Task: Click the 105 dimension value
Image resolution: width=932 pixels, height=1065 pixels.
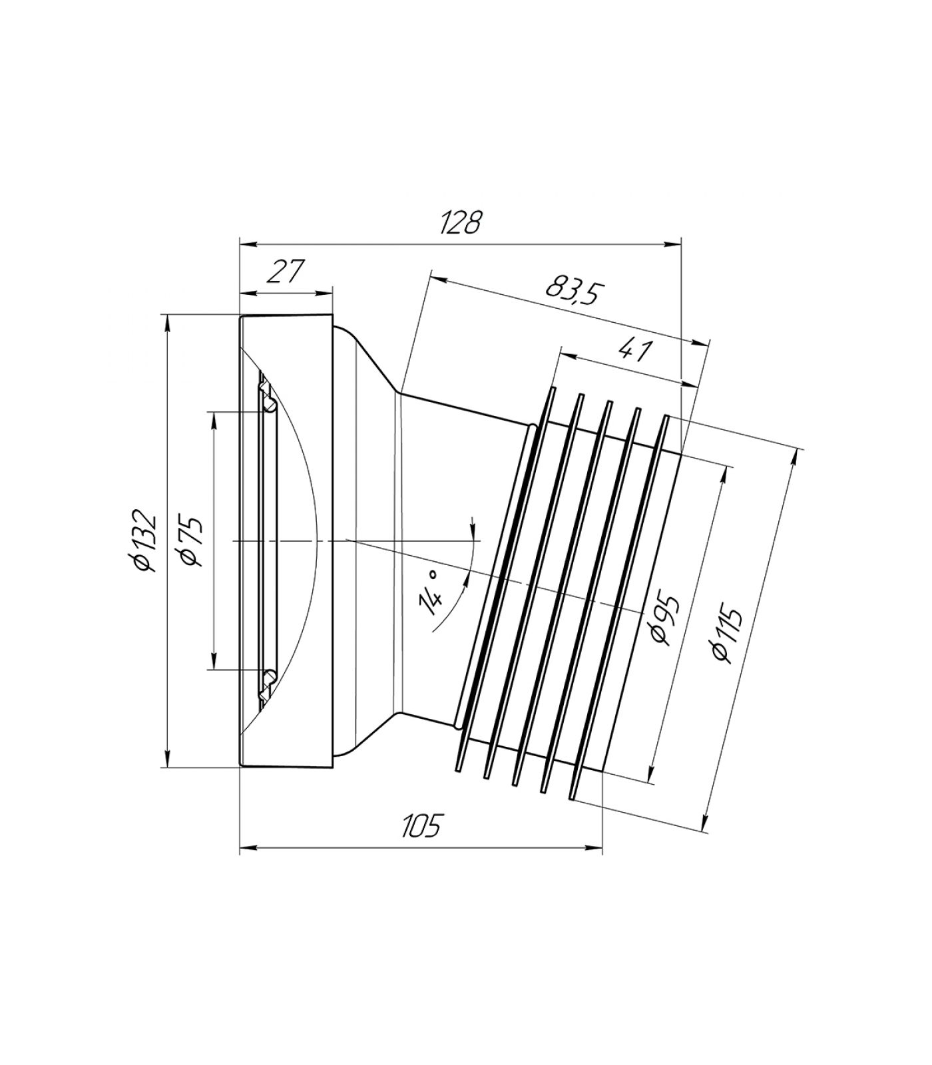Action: pyautogui.click(x=421, y=827)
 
